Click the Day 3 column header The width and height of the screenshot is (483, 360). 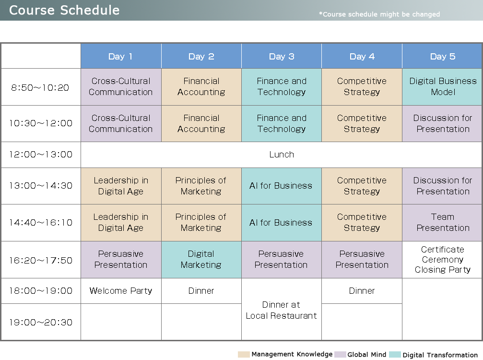tap(282, 56)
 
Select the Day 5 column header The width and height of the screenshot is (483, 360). tap(442, 56)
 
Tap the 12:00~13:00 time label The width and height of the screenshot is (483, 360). tap(41, 155)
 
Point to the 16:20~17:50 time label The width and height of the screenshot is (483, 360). tap(41, 261)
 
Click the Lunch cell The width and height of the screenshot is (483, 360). tap(282, 155)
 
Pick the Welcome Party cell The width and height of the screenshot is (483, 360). tap(121, 291)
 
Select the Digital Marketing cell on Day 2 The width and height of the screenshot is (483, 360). tap(201, 260)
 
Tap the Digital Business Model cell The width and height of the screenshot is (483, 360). tap(442, 87)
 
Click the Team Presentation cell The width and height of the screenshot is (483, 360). tap(442, 223)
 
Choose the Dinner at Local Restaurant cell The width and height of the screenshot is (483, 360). tap(282, 310)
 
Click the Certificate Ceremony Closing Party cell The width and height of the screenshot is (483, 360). tap(442, 260)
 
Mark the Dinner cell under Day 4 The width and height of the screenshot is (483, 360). tap(362, 291)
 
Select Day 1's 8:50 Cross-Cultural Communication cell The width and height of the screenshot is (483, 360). tap(121, 87)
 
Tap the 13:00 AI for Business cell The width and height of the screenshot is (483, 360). tap(282, 186)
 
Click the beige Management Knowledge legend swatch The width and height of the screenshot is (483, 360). tap(244, 354)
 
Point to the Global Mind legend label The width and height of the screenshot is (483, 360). tap(366, 355)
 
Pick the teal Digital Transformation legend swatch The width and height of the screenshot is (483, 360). tap(395, 354)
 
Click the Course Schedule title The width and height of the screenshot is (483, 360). tap(64, 10)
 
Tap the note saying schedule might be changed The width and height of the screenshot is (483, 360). tap(379, 14)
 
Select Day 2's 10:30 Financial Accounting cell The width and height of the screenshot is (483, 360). tap(201, 123)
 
